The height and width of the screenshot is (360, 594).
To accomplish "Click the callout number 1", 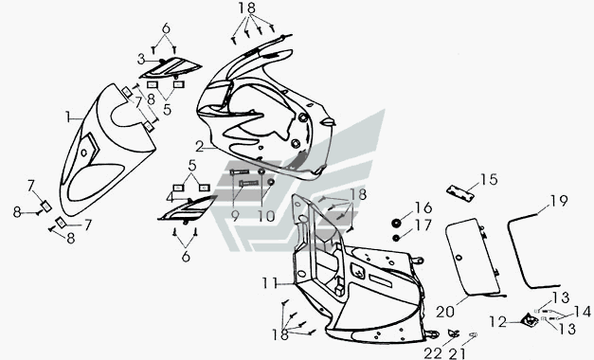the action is point(68,117).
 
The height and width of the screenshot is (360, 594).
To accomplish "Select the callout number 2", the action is point(201,146).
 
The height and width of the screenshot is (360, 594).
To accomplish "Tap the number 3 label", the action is point(141,59).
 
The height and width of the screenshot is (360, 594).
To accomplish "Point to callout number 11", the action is point(271,283).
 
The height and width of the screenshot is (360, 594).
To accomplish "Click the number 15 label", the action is point(489,180).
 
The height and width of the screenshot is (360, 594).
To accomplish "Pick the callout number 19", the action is point(559,201).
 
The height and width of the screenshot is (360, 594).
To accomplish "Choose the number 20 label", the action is point(445,313).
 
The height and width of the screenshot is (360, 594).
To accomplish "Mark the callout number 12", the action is point(497,322).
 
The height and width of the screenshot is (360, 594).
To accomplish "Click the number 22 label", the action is point(433,353).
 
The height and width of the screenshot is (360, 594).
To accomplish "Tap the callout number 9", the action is point(235,216).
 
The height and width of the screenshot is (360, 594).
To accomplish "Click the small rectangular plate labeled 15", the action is point(460,191).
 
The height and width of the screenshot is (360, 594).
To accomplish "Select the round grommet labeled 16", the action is point(396,224).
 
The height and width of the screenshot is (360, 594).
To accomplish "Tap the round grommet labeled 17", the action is point(396,238).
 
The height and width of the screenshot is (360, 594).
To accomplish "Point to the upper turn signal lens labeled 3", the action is point(171,67).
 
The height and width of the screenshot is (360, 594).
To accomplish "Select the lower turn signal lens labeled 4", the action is point(188,209).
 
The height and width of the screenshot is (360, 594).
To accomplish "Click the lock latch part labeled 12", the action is point(530,321).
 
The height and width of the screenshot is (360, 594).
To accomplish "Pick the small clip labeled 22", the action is point(453,333).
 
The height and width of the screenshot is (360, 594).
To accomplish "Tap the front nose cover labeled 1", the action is point(107,151).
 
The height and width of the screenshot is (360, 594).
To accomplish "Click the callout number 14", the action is point(582,313).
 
